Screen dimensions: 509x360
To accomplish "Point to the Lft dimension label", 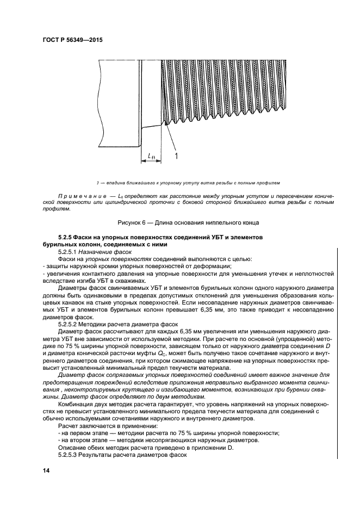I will pyautogui.click(x=151, y=156).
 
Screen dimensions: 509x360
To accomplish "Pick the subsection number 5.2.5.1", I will pyautogui.click(x=69, y=252).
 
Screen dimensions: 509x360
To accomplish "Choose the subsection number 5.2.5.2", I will pyautogui.click(x=69, y=323).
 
